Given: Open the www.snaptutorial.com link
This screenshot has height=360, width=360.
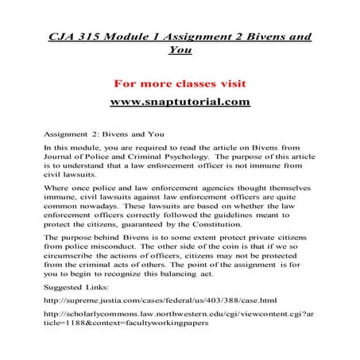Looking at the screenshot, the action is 179,103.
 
